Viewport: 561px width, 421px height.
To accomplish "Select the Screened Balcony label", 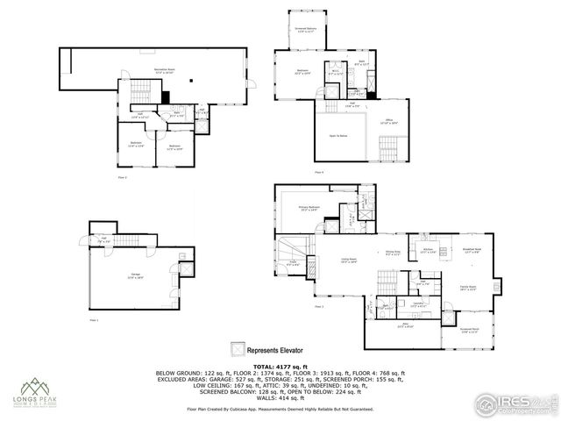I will tap(304, 30).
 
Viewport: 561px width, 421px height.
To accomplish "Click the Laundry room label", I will tap(418, 305).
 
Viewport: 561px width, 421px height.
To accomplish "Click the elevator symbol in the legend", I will tap(236, 346).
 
